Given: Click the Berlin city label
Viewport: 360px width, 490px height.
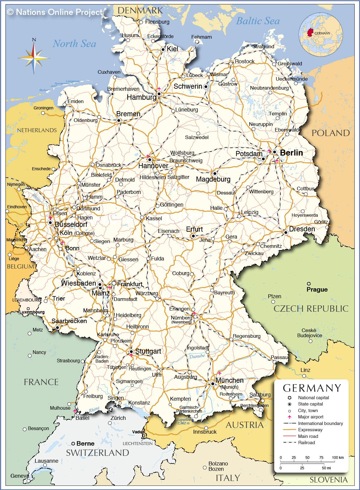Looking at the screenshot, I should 291,153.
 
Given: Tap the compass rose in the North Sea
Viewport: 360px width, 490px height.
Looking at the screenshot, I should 34,57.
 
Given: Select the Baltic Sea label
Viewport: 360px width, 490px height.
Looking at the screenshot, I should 258,21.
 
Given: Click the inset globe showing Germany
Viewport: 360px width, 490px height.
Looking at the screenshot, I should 320,34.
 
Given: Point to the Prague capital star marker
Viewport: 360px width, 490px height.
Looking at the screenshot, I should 309,284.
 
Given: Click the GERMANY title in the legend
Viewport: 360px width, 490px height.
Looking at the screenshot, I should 312,388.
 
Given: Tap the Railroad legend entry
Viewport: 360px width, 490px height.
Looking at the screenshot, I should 306,443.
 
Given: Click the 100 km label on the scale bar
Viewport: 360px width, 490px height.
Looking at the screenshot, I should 337,458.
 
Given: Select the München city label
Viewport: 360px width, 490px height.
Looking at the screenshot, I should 229,380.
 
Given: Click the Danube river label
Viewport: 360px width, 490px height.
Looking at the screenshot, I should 197,356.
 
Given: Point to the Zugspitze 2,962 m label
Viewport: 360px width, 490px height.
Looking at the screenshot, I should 183,421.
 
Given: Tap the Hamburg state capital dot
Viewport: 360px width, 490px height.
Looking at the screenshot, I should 159,94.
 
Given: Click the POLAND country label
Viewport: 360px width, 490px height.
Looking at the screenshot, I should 331,133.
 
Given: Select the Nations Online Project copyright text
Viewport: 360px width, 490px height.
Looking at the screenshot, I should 55,12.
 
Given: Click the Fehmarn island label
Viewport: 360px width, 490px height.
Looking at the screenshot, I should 201,37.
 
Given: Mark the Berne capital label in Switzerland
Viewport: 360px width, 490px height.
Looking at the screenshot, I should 85,444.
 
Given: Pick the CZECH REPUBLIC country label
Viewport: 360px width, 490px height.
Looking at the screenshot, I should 311,309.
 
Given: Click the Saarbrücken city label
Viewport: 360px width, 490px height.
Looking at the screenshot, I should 69,321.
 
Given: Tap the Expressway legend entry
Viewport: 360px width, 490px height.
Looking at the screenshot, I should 310,430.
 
